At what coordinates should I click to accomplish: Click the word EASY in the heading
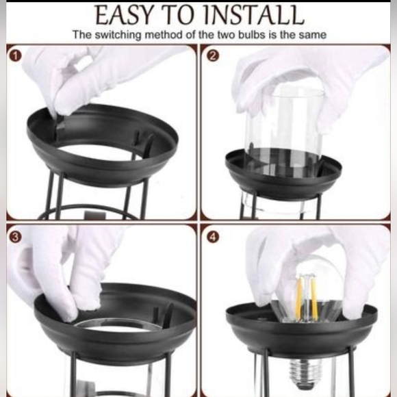click(125, 15)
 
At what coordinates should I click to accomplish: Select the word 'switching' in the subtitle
click(118, 35)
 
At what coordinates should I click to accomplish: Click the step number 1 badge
click(16, 56)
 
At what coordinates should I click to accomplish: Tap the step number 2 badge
click(213, 56)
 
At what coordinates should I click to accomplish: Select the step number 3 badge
click(16, 238)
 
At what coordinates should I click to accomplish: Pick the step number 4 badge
click(213, 238)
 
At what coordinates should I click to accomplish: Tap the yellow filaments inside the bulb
click(307, 296)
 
